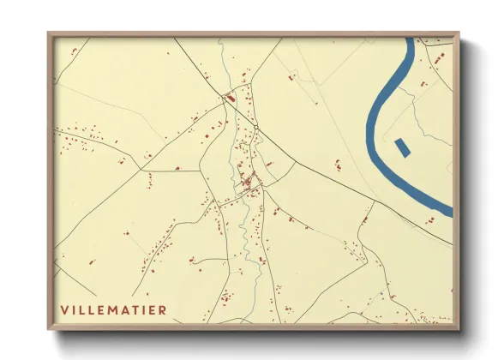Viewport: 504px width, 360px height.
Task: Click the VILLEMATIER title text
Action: tap(113, 309)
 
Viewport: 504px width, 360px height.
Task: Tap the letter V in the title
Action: tap(64, 309)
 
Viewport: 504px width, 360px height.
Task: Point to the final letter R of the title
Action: tap(163, 309)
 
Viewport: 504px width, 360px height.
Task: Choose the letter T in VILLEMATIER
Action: tap(136, 309)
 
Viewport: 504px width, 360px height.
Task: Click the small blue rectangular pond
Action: tap(403, 147)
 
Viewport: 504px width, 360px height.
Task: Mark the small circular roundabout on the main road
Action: tap(256, 128)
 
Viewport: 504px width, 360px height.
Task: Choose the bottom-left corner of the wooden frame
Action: tap(49, 329)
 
